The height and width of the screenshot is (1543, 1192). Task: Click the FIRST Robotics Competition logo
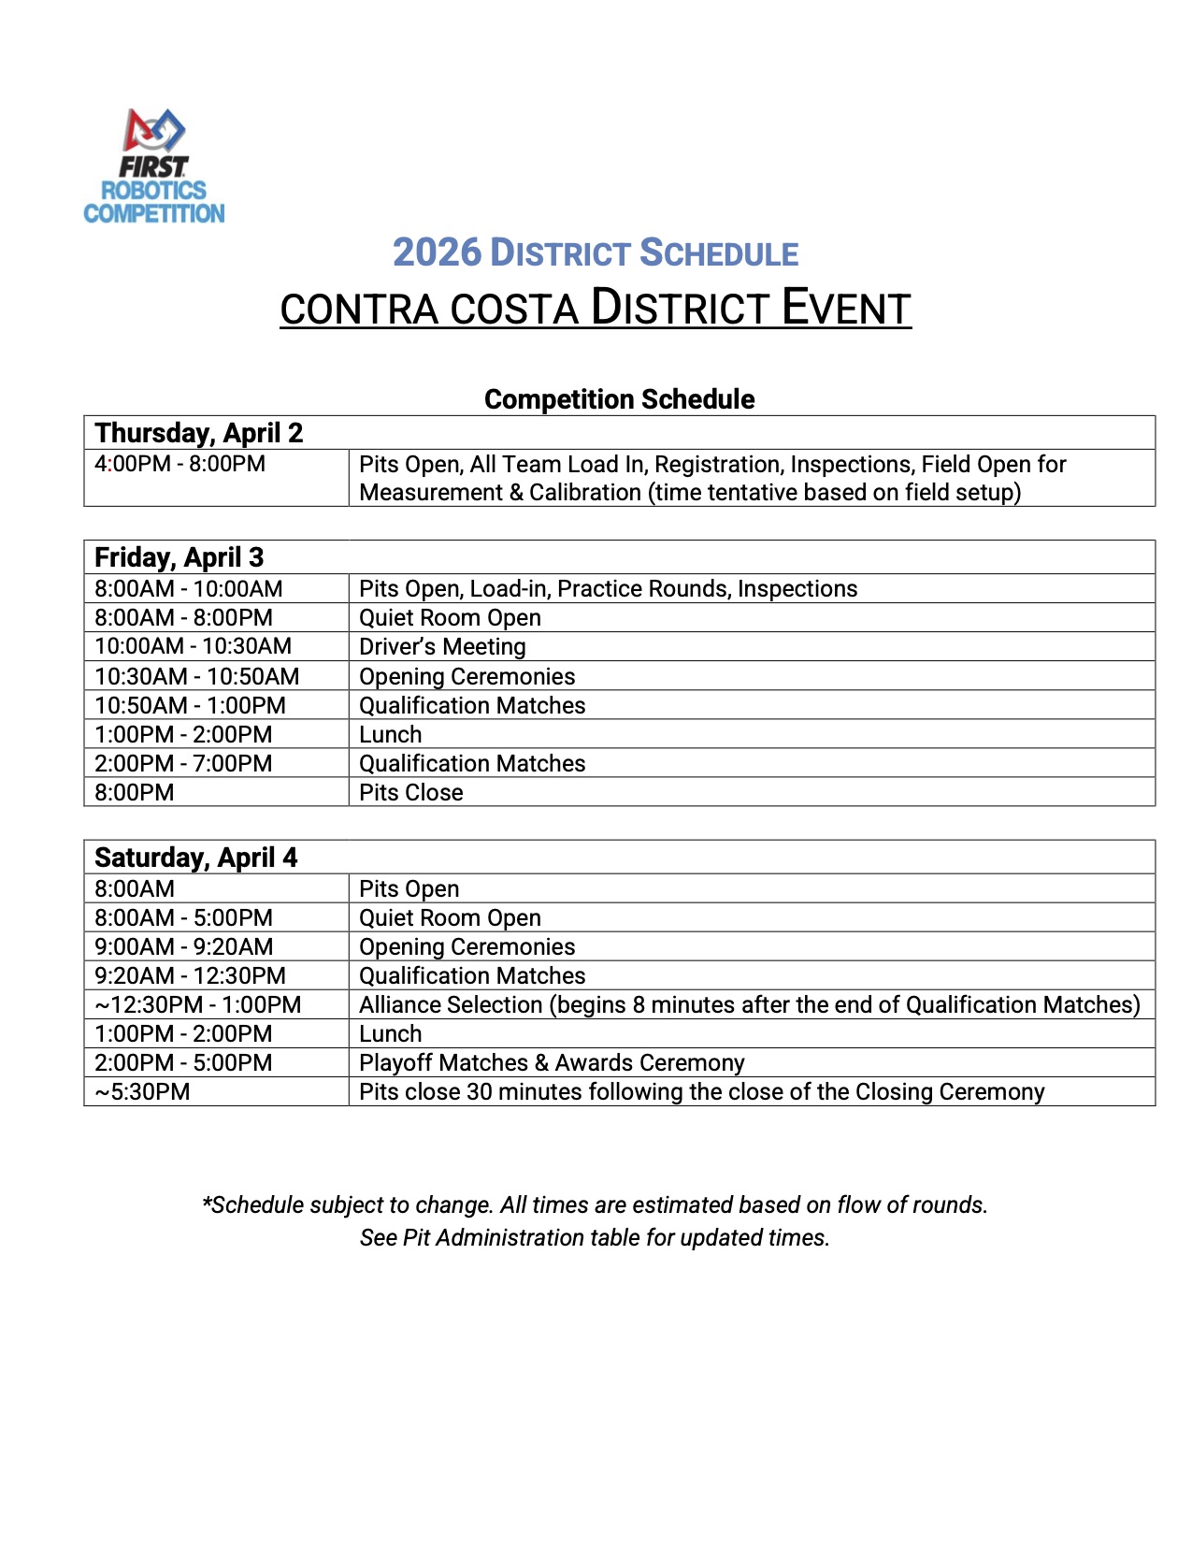pyautogui.click(x=154, y=166)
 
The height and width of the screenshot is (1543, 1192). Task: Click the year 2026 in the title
pyautogui.click(x=437, y=252)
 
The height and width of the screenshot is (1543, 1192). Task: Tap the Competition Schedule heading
pyautogui.click(x=619, y=399)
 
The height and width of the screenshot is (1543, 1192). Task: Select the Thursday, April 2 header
pyautogui.click(x=199, y=433)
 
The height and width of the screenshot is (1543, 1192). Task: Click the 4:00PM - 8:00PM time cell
pyautogui.click(x=180, y=464)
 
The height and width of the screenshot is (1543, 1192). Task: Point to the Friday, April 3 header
pyautogui.click(x=180, y=557)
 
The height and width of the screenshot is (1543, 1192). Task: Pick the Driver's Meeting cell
pyautogui.click(x=442, y=647)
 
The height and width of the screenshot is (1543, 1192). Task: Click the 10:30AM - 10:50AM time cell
pyautogui.click(x=197, y=676)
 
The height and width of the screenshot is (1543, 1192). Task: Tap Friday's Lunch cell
pyautogui.click(x=391, y=735)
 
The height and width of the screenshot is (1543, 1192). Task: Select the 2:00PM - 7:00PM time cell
pyautogui.click(x=183, y=764)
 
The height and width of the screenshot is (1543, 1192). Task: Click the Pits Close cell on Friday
pyautogui.click(x=411, y=793)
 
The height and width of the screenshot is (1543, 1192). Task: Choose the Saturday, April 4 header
pyautogui.click(x=196, y=858)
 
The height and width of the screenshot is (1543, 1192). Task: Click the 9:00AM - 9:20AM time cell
pyautogui.click(x=183, y=947)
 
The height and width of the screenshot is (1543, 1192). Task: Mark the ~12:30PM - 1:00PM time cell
pyautogui.click(x=198, y=1005)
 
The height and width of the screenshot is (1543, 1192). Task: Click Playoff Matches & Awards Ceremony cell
pyautogui.click(x=552, y=1063)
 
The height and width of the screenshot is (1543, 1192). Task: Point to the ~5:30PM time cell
pyautogui.click(x=142, y=1092)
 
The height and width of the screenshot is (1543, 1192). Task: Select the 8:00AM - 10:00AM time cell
pyautogui.click(x=189, y=589)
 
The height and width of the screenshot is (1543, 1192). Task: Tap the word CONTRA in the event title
pyautogui.click(x=359, y=310)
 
